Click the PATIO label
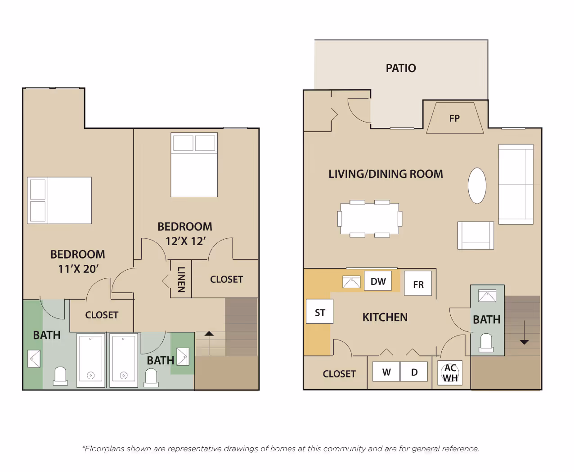401,68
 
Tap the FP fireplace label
454,118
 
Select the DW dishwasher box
378,281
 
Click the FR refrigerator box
418,283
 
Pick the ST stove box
320,312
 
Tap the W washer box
386,372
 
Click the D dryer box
414,372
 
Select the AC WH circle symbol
450,373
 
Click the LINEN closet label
181,279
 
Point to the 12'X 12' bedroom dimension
185,241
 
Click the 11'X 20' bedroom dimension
78,269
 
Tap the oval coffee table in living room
477,186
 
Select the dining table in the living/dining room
370,218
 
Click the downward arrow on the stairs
524,332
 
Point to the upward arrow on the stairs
209,343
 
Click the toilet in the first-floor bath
486,343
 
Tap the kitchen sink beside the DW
351,282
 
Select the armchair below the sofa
475,236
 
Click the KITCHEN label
385,317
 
